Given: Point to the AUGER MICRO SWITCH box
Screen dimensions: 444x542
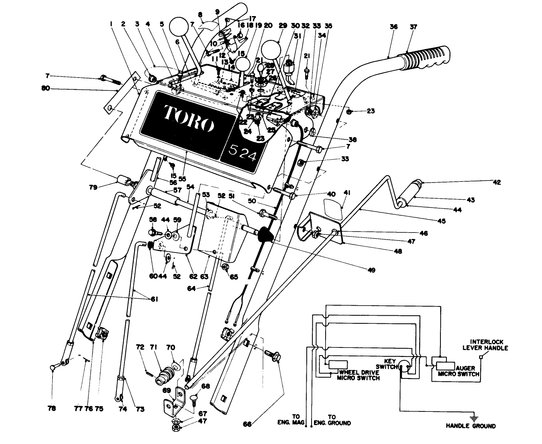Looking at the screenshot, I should (x=446, y=366).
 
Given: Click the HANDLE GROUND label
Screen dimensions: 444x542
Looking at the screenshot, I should (x=471, y=426).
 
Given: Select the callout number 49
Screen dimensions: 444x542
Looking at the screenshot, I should (x=371, y=270).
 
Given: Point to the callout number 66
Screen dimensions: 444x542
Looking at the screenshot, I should (x=248, y=424).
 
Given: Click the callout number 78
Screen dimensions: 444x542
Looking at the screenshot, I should (x=52, y=409).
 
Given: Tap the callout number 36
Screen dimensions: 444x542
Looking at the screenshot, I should (x=393, y=27).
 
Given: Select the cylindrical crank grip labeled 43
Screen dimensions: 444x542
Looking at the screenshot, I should (x=410, y=194).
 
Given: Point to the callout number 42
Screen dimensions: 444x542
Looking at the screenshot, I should (x=497, y=182).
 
